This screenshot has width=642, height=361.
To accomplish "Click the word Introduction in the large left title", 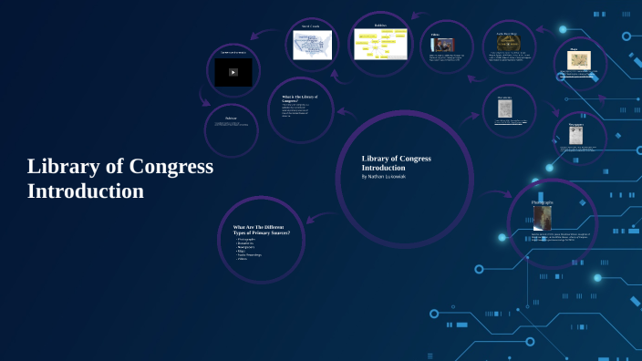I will (x=85, y=191).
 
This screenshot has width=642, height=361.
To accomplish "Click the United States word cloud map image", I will (x=311, y=45).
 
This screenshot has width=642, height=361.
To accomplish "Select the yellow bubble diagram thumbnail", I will (x=380, y=44).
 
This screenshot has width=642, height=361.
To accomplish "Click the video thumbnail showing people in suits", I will (x=441, y=45).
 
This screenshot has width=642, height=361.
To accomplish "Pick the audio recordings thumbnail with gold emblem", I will (x=508, y=42).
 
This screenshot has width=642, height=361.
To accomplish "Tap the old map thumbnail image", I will (x=580, y=60).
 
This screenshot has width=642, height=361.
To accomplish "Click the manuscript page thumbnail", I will (x=504, y=108).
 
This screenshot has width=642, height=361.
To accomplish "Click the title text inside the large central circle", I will (x=396, y=163).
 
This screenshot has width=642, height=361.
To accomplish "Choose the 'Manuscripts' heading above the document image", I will (x=504, y=97).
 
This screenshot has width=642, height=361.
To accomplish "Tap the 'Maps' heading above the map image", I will (x=575, y=49).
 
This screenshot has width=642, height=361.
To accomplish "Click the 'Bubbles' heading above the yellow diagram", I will (x=380, y=26).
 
